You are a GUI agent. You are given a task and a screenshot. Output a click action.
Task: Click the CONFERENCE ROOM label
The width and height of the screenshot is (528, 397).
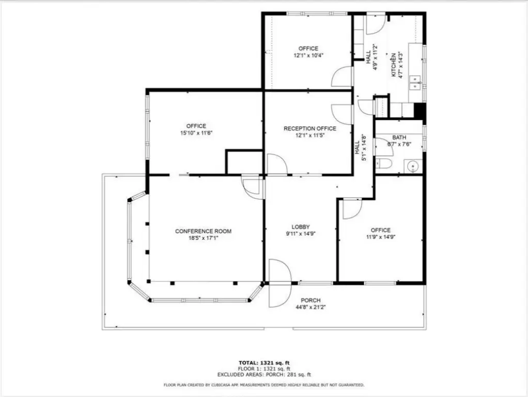[203, 231]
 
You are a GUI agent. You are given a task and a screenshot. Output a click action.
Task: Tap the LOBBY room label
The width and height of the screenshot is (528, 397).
[300, 227]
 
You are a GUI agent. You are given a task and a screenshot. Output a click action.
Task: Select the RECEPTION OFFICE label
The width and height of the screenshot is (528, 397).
[310, 128]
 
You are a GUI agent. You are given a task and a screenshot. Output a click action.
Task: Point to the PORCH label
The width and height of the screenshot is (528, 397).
[310, 300]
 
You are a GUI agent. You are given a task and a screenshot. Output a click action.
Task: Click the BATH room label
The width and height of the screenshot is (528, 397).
[399, 138]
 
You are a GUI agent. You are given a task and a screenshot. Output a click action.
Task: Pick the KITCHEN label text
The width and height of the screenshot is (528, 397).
[393, 65]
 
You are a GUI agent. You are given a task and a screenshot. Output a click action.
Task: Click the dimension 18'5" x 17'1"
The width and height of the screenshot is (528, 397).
[203, 238]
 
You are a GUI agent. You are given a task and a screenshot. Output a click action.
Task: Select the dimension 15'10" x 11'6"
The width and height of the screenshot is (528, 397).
[196, 133]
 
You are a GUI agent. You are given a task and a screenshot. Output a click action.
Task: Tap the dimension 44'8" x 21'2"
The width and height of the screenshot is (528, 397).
[310, 307]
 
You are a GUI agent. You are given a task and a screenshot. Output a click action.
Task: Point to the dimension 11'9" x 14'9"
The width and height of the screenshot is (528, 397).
[381, 237]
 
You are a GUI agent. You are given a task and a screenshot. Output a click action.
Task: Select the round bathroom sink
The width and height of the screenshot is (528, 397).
[413, 166]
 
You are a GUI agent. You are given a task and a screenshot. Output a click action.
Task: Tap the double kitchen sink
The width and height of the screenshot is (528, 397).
[415, 83]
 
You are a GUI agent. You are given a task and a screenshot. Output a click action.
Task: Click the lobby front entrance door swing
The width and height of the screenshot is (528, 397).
[280, 283]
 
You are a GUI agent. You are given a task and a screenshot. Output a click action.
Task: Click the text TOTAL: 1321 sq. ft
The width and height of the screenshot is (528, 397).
[264, 363]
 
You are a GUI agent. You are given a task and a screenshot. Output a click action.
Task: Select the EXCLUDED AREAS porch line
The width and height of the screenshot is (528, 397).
[264, 374]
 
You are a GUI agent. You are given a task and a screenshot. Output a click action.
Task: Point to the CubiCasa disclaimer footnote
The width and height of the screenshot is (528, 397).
[264, 385]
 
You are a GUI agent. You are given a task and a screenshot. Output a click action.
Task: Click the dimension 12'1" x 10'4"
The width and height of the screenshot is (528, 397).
[308, 55]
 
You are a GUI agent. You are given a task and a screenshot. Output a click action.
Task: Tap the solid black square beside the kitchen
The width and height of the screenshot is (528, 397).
[420, 110]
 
